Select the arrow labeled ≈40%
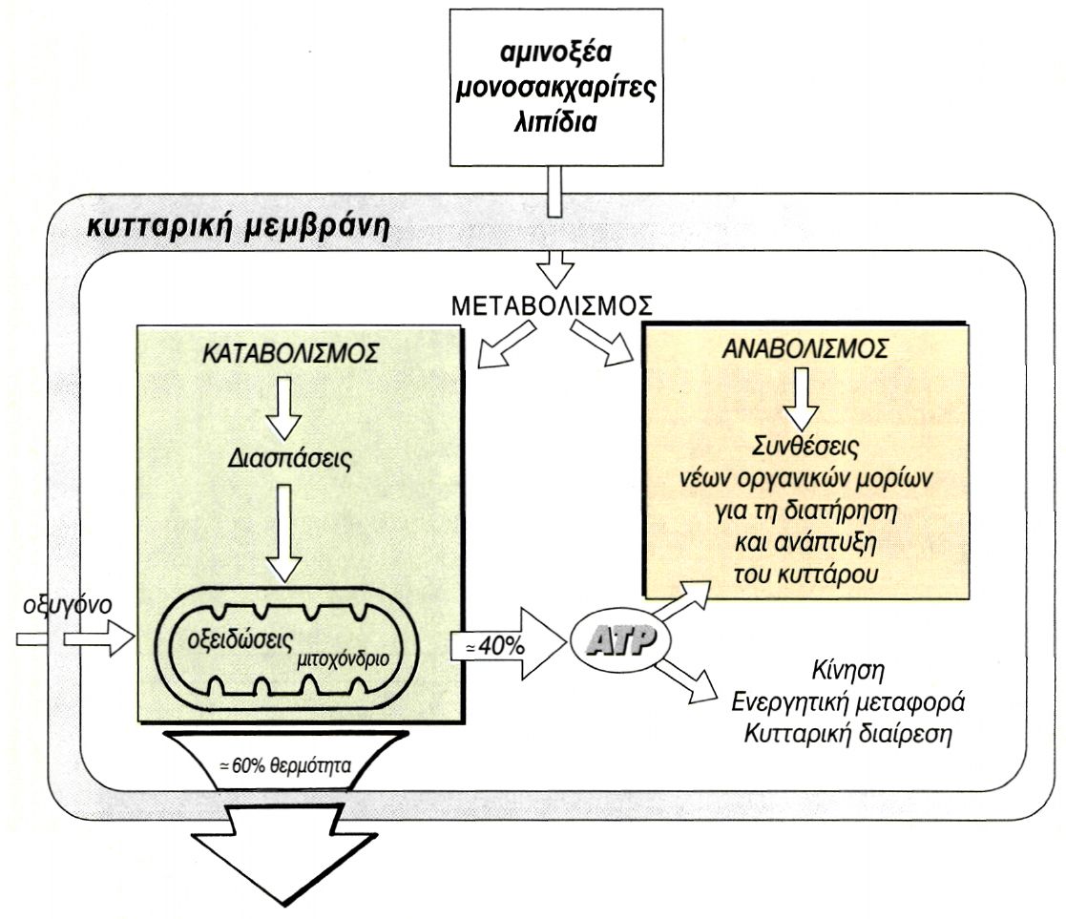[507, 645]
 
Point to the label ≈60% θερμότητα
[286, 765]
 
